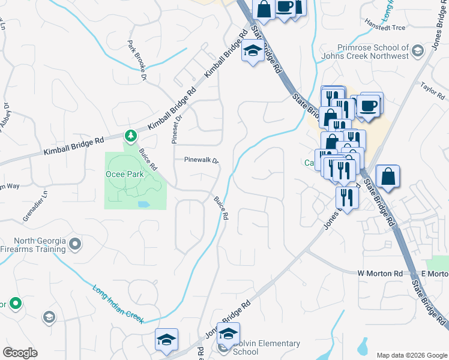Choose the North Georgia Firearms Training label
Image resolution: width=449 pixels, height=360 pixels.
tap(32, 245)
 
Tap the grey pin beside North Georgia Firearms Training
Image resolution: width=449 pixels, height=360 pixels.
tap(75, 244)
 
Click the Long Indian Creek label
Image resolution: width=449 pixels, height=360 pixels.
tap(118, 305)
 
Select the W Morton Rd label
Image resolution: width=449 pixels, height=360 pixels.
tap(380, 274)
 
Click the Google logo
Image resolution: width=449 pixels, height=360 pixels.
tap(20, 353)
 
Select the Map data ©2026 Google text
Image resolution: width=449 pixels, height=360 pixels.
tap(411, 355)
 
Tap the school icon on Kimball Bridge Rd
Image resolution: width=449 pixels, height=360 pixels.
tap(253, 52)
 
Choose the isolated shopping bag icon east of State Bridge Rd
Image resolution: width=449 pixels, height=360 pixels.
tap(388, 177)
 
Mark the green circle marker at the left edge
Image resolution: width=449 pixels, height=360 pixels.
tap(15, 304)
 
